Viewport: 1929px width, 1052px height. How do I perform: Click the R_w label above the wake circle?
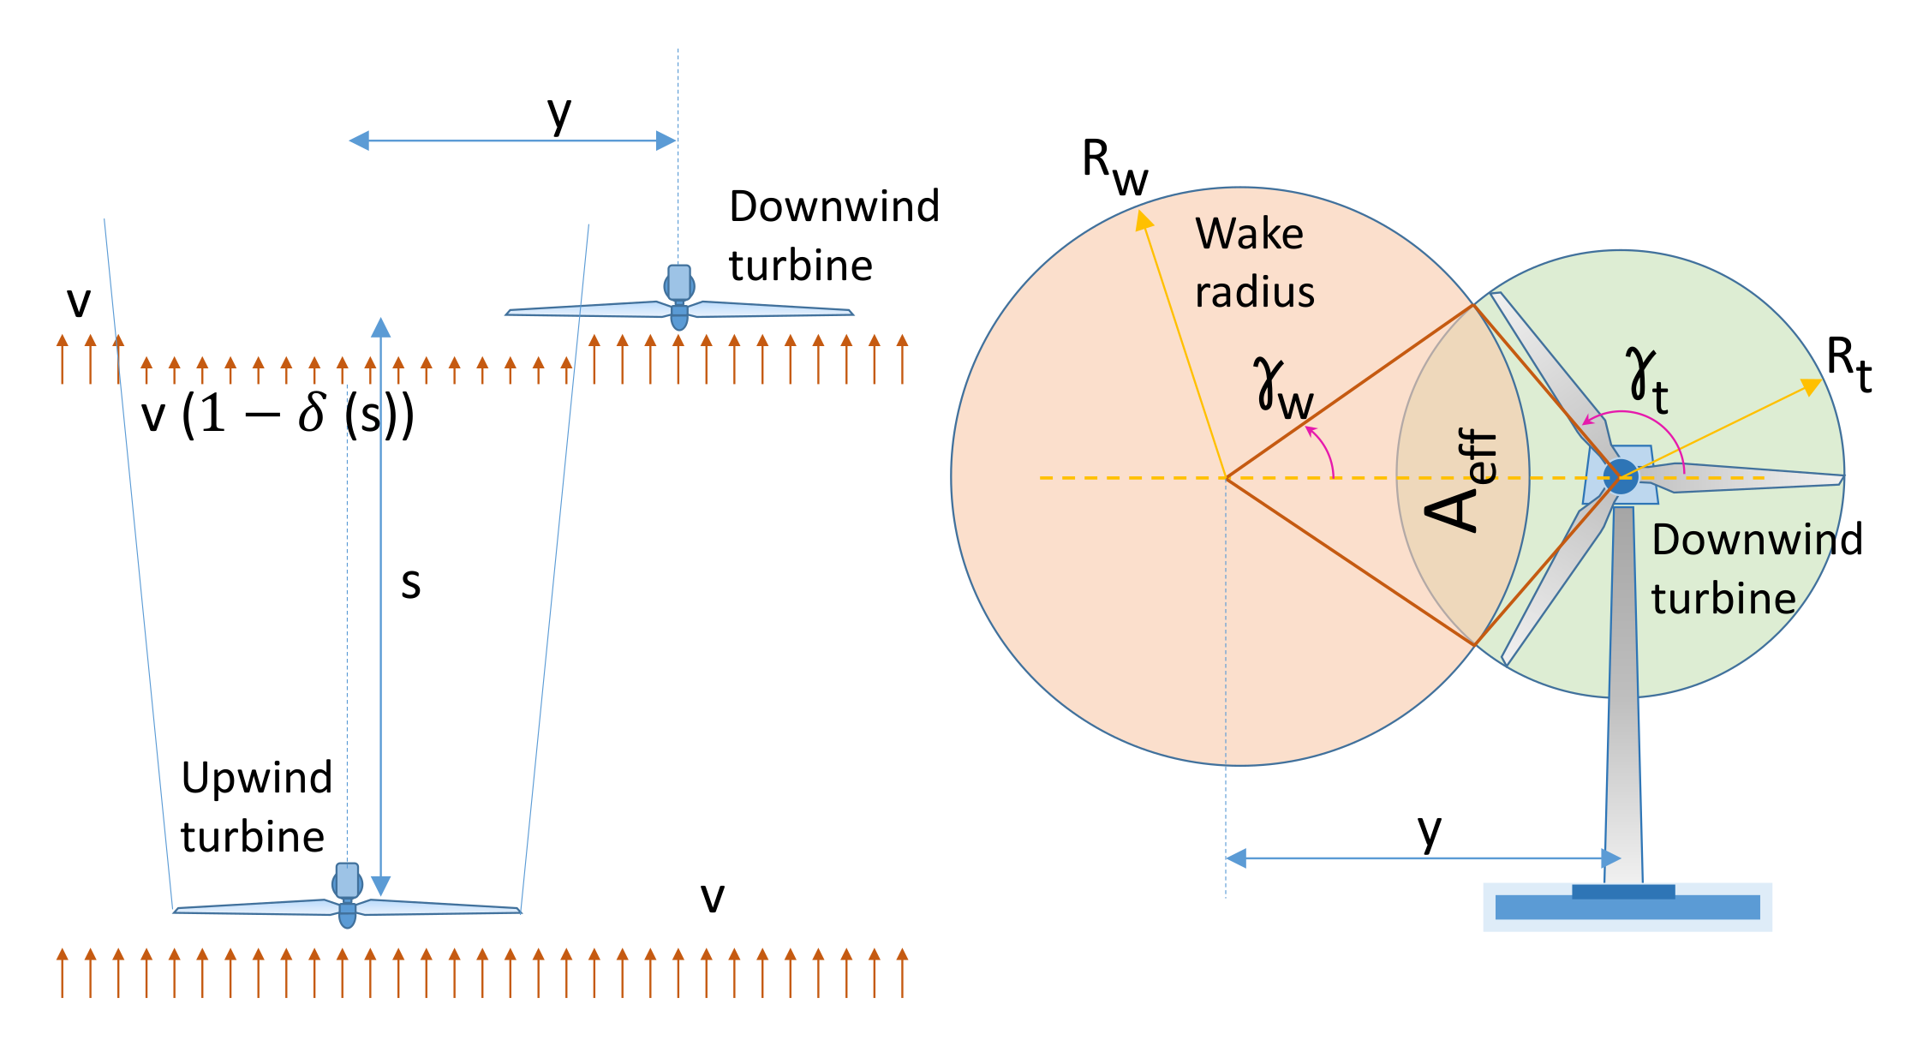point(1114,167)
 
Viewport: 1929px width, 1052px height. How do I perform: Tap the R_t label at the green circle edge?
point(1848,363)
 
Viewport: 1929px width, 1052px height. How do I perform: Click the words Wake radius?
point(1252,262)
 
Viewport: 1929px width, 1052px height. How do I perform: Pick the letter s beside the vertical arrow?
point(411,584)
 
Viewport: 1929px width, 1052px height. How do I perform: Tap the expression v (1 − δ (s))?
point(278,415)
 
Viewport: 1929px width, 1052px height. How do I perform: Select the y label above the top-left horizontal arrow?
point(558,113)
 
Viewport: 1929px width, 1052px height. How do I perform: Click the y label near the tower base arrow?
point(1429,831)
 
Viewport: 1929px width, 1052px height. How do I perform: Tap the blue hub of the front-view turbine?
point(1621,476)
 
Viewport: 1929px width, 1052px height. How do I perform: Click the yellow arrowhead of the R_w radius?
point(1144,221)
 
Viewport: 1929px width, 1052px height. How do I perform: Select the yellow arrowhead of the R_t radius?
point(1812,386)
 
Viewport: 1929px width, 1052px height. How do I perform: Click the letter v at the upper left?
point(79,302)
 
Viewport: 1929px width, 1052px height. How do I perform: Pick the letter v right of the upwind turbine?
point(712,898)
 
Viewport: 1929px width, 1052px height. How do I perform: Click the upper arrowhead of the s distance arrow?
point(381,327)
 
